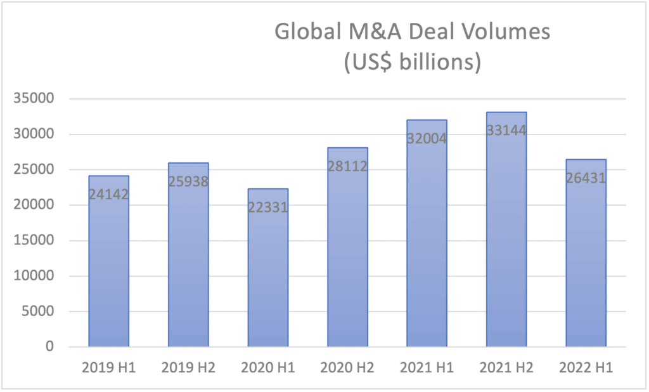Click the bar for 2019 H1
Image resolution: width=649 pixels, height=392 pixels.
(109, 266)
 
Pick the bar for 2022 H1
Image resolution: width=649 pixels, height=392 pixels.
(586, 260)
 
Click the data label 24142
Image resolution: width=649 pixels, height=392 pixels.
(109, 194)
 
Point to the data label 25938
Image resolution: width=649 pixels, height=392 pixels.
(188, 181)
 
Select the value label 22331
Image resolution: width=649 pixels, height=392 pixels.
(268, 207)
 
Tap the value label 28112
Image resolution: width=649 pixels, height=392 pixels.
(347, 166)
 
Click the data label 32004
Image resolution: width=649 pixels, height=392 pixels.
(427, 138)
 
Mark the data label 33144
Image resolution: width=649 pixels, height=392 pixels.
(506, 130)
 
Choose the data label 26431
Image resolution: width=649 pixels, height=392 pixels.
(586, 178)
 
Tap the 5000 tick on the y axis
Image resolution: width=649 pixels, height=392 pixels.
(42, 311)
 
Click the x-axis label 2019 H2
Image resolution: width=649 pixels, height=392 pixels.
(188, 368)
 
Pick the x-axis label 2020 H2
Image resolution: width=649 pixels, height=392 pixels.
(347, 368)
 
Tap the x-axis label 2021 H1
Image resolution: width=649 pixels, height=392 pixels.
(427, 368)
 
